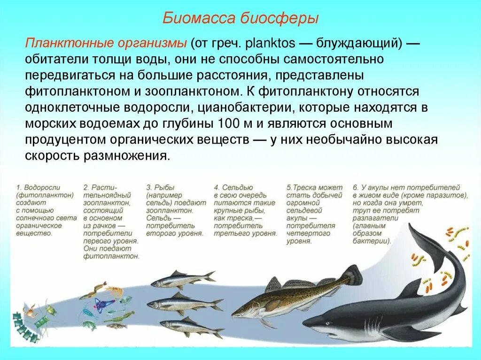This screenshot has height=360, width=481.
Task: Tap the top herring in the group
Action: pos(181,280)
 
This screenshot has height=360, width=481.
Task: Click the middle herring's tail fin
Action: pos(217,305)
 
